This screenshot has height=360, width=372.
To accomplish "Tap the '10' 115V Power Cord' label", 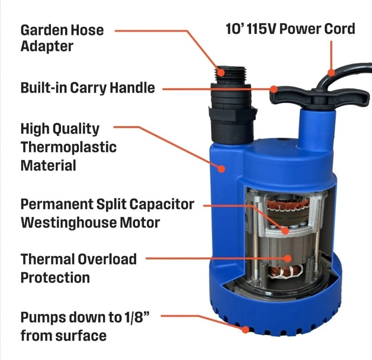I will click(290, 29).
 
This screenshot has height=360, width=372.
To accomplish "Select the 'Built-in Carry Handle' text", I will click(87, 88).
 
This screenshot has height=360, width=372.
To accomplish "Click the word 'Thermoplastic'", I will click(69, 147).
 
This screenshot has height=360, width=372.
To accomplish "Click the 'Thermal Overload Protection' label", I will click(78, 268).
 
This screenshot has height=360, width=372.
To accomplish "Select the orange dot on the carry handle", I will click(274, 89).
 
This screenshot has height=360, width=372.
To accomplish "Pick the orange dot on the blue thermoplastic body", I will click(221, 168).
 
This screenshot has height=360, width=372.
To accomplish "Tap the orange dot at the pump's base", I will click(245, 329).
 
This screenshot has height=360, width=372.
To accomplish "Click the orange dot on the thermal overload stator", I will click(287, 258).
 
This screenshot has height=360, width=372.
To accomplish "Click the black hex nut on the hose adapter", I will click(231, 114).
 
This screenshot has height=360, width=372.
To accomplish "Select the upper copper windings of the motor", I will click(289, 206).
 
